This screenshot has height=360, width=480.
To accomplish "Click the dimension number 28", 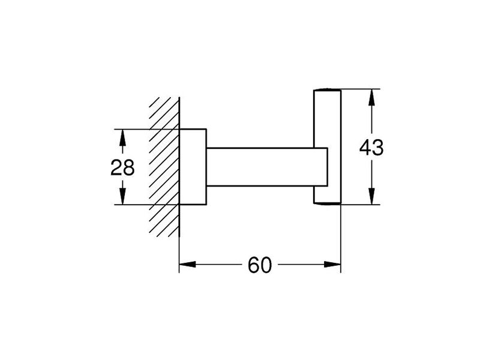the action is coord(122,167).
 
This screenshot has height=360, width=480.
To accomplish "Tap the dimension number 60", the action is coord(260,265).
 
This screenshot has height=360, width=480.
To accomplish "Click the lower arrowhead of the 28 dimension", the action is coord(122,196).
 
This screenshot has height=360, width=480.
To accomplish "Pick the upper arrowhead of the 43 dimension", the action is coord(371,97).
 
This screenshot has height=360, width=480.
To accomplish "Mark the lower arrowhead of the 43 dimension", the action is coord(371,196).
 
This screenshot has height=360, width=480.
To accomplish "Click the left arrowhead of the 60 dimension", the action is coord(187,264).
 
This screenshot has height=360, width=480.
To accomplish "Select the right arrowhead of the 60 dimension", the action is coord(332,264).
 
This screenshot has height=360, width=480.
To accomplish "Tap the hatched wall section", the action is coord(164,167).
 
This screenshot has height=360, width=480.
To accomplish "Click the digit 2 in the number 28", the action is coord(116,167).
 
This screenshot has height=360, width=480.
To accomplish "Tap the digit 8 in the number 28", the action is coord(129,167).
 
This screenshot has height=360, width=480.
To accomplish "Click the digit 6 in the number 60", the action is coord(253,265).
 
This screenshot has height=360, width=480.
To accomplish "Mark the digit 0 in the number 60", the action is coord(266,265).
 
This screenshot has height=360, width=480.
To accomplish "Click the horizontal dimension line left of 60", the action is coord(212,264).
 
